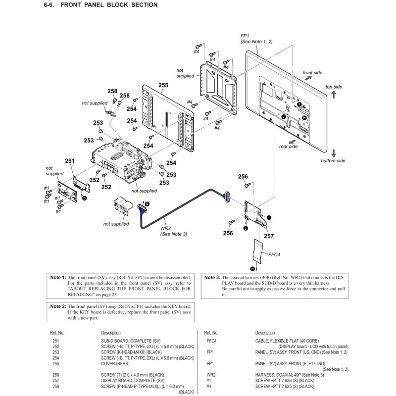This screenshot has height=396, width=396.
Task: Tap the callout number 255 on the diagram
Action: tap(163, 85)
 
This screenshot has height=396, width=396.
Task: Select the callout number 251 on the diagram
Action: tap(69, 161)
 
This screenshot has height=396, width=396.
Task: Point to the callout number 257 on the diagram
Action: tap(268, 236)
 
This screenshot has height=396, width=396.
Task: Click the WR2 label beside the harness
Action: tap(166, 229)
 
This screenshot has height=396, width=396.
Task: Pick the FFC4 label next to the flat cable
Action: tap(274, 255)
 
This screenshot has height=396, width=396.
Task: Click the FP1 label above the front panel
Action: tap(245, 37)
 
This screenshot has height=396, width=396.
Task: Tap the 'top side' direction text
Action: tap(334, 87)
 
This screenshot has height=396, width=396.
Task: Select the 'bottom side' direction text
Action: tap(333, 161)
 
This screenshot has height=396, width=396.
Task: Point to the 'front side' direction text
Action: tap(312, 73)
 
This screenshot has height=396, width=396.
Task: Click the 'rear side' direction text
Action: tap(288, 147)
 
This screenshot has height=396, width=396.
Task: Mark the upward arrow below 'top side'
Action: tap(334, 95)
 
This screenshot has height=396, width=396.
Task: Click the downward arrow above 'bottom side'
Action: tap(334, 152)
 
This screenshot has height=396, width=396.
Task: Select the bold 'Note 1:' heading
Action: tap(58, 278)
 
